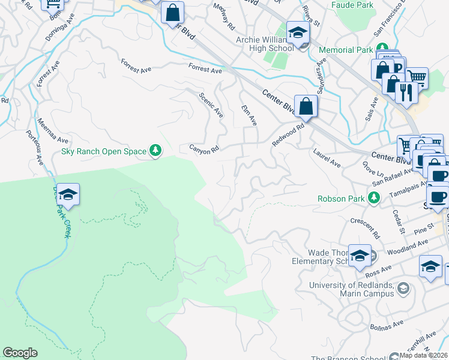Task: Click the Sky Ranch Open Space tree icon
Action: pos(155,151)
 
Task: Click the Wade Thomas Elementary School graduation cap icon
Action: pos(360,256)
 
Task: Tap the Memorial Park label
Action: pos(346,50)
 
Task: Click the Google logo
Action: pos(20,353)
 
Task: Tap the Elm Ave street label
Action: pos(249,115)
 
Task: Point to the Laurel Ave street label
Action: pos(327,158)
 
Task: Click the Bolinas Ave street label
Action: pos(387,325)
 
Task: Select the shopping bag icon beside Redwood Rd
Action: pos(306,107)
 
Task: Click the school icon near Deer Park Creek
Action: pos(68,195)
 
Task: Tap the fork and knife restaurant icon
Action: pos(408,93)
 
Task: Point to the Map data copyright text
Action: pos(423,355)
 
